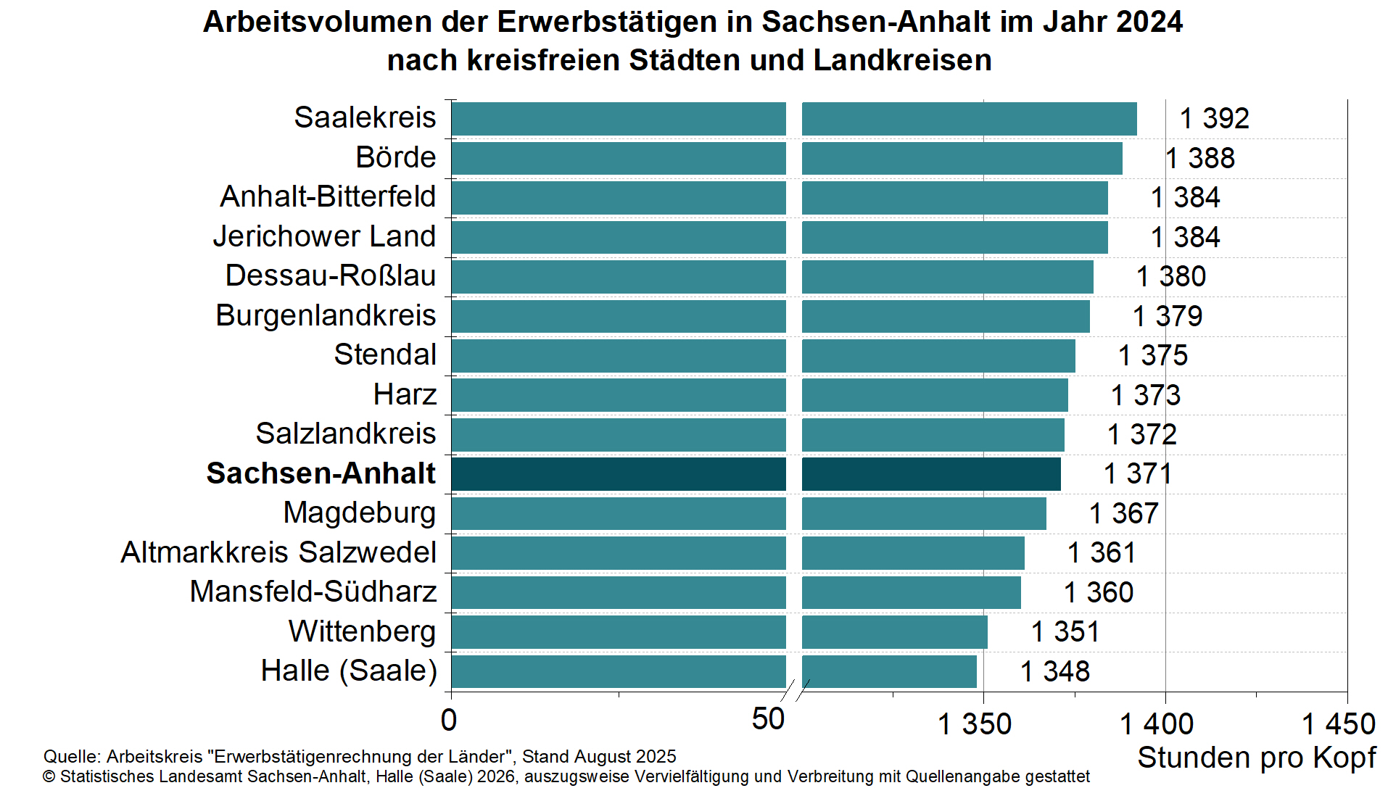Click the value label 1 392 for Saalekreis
(1214, 118)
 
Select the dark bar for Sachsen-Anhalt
(754, 474)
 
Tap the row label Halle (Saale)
(349, 671)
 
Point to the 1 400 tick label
(1157, 723)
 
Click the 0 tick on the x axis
(449, 720)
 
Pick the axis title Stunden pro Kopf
(1256, 758)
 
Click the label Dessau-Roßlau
(330, 276)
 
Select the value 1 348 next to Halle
(1054, 671)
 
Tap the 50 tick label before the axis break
(767, 719)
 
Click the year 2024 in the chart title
(1149, 22)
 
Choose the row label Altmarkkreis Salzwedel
(278, 552)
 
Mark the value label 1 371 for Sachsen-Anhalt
(1137, 474)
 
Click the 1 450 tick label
(1338, 723)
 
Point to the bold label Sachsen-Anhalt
(321, 473)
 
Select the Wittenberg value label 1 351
(1065, 631)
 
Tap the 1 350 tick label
(974, 723)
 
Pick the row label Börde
(395, 157)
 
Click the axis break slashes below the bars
(795, 690)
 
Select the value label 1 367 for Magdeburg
(1123, 513)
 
